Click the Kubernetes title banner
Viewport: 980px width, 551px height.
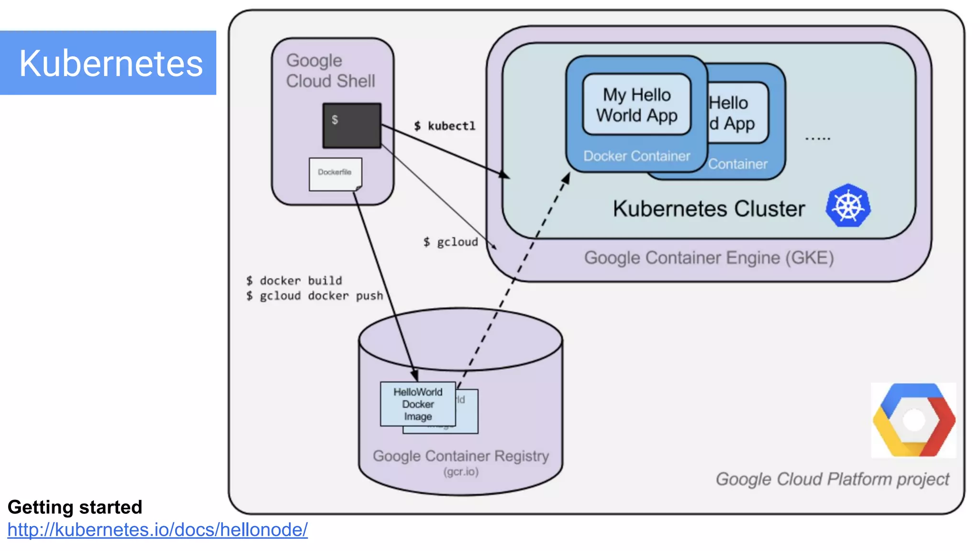pos(108,63)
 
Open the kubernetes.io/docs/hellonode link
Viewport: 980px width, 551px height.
pos(157,530)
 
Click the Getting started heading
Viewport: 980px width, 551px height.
pos(75,507)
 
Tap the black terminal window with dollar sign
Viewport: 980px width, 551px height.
pos(352,125)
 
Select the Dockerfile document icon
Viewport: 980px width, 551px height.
pos(335,174)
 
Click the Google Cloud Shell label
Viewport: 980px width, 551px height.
pos(330,71)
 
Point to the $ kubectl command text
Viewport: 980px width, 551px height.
pos(445,126)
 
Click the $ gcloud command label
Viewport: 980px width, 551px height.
pos(450,242)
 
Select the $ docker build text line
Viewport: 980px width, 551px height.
pos(294,280)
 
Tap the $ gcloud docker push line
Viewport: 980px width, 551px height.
pos(314,296)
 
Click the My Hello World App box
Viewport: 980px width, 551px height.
pos(636,105)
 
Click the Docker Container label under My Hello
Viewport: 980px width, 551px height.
pos(636,156)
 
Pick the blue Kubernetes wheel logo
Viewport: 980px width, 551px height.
pos(848,206)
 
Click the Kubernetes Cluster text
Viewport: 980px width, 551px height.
pos(709,209)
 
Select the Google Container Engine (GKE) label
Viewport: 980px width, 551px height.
pos(709,258)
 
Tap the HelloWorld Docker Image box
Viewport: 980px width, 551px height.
pos(418,404)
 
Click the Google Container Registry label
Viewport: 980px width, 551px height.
pos(460,456)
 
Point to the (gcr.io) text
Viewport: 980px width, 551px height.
pos(460,472)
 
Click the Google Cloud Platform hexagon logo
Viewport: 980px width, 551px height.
pos(913,420)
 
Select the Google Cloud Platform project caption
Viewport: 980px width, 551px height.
pos(832,479)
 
